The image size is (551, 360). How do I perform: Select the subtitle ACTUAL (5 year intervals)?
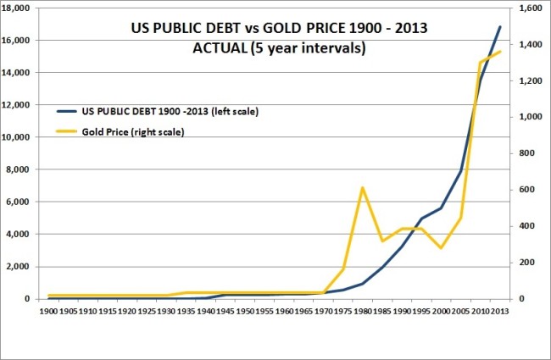pyautogui.click(x=279, y=48)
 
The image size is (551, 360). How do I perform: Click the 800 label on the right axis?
pyautogui.click(x=526, y=153)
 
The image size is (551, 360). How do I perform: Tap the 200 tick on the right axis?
pyautogui.click(x=526, y=263)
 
